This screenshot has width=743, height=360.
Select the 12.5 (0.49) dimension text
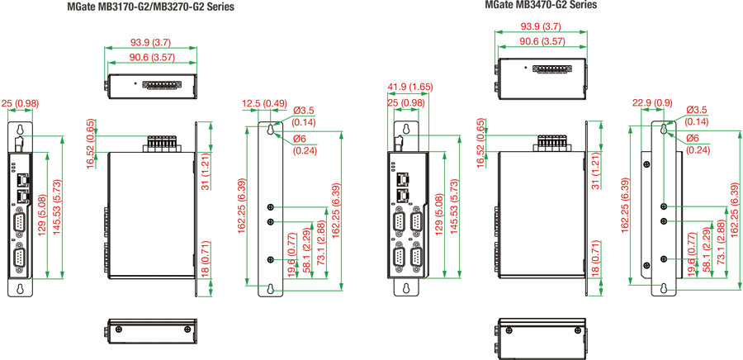click(263, 103)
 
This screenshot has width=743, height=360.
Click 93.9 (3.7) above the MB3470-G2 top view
click(541, 26)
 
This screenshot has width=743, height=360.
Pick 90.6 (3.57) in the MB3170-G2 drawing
click(151, 57)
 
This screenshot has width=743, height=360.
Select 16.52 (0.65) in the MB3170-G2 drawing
click(91, 144)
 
